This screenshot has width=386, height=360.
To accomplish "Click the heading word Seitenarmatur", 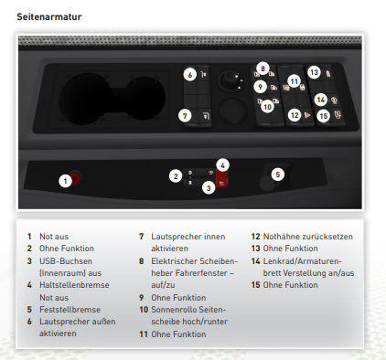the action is pyautogui.click(x=49, y=16).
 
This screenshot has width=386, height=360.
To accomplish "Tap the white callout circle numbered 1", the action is pyautogui.click(x=65, y=181).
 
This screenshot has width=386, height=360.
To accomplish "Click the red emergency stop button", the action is pyautogui.click(x=75, y=177).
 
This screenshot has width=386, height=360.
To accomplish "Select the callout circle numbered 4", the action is pyautogui.click(x=223, y=165).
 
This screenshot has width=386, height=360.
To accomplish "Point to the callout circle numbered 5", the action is pyautogui.click(x=278, y=175).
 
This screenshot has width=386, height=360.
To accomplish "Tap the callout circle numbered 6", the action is pyautogui.click(x=190, y=75).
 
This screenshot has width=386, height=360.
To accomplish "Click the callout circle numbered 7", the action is pyautogui.click(x=185, y=116).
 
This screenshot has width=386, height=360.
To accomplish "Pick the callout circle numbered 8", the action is pyautogui.click(x=263, y=69).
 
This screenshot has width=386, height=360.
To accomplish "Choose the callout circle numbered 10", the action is pyautogui.click(x=267, y=107).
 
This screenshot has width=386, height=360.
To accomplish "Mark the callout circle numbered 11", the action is pyautogui.click(x=294, y=81).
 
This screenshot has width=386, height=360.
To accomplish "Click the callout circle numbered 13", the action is pyautogui.click(x=314, y=72).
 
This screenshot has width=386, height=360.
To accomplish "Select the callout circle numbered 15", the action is pyautogui.click(x=324, y=116).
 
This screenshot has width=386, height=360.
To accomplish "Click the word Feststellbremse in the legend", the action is pyautogui.click(x=70, y=310).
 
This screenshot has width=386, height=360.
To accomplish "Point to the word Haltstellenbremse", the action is pyautogui.click(x=74, y=285).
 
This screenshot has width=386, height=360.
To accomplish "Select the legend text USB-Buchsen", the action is pyautogui.click(x=66, y=261).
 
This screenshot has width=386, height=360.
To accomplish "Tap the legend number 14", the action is pyautogui.click(x=255, y=261).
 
